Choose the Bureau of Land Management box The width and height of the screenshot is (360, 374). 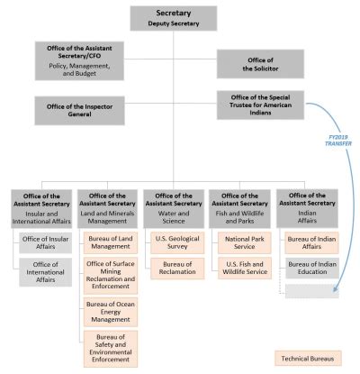tap(110, 241)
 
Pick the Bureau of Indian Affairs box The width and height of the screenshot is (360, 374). tap(308, 241)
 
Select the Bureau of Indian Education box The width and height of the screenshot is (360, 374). tap(308, 267)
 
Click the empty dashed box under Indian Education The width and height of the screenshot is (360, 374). tap(308, 290)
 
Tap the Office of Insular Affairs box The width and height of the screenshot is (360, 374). tap(44, 241)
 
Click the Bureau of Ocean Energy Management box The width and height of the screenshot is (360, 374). tap(110, 311)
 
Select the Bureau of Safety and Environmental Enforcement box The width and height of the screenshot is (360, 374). tap(110, 349)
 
